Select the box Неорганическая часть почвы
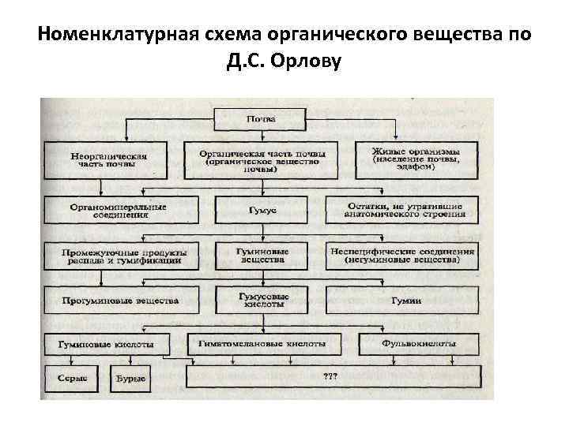click(x=107, y=159)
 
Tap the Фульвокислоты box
click(x=418, y=345)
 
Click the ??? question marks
click(x=330, y=376)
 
